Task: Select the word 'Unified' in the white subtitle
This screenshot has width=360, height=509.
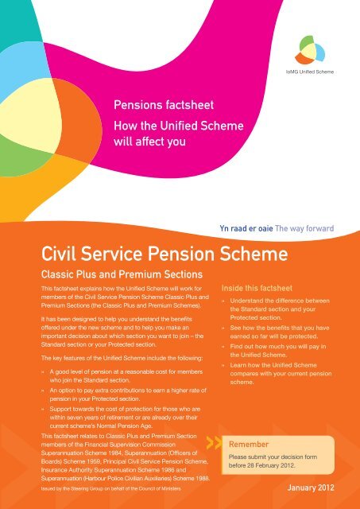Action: click(179, 127)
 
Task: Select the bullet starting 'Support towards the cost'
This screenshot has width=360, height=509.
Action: click(127, 418)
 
